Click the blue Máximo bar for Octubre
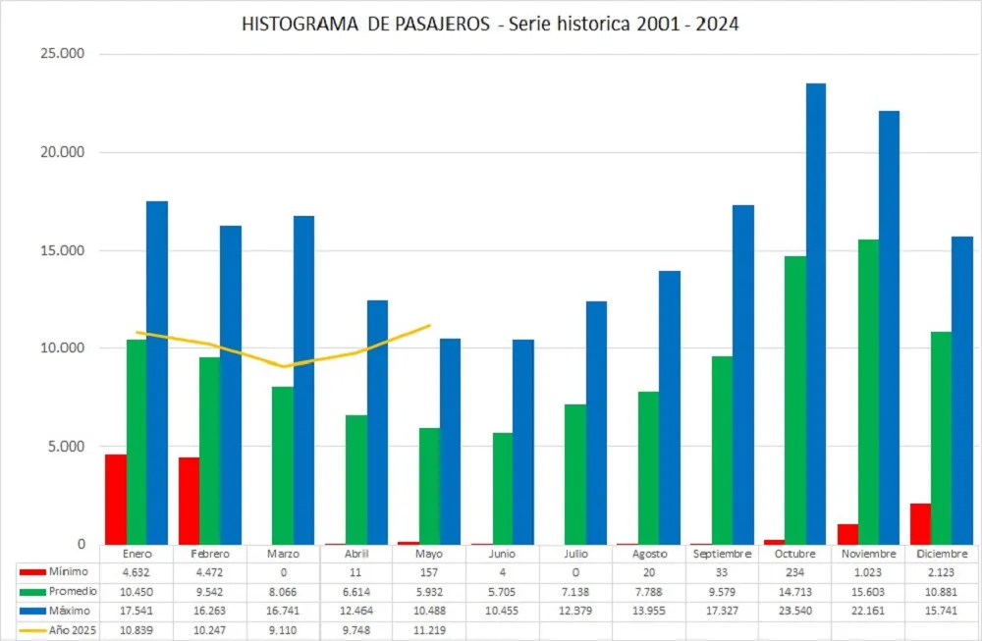[815, 314]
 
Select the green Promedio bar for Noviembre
[868, 392]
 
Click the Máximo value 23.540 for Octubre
[795, 610]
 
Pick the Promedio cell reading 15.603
[869, 591]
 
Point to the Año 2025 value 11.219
[429, 628]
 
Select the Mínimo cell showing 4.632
[136, 572]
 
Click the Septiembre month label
[722, 554]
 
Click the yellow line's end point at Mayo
[429, 325]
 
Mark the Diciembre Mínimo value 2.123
[942, 572]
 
